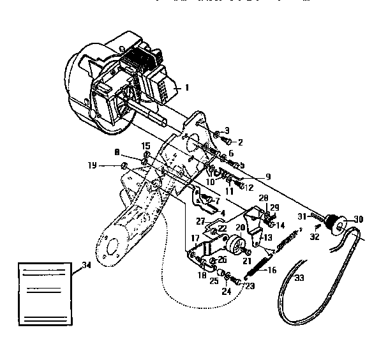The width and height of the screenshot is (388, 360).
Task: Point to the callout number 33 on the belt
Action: click(x=299, y=278)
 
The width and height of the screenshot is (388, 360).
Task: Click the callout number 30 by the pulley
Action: click(x=358, y=219)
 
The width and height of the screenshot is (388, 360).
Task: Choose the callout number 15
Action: click(x=146, y=146)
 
